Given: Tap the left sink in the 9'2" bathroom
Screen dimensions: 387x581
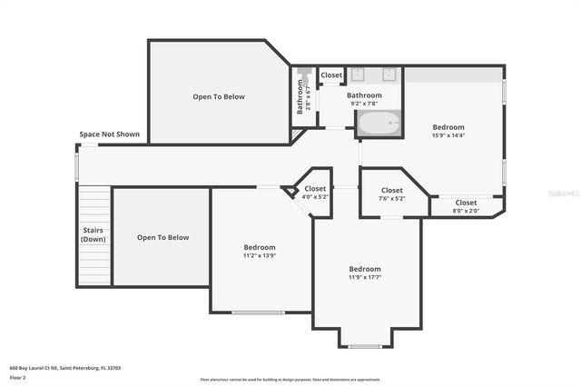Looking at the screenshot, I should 358,75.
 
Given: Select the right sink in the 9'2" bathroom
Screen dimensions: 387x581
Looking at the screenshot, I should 389,75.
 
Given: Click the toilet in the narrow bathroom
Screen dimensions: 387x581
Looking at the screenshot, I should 302,72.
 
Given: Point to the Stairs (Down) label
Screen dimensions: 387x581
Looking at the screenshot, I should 94,234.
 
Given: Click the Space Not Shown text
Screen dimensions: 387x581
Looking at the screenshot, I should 109,134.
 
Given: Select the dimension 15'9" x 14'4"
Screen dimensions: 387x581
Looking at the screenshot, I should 448,135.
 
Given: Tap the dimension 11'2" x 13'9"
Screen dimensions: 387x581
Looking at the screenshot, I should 259,255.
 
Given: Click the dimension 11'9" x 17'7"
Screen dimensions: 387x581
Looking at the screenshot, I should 365,277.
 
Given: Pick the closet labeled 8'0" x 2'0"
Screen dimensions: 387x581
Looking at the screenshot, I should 466,206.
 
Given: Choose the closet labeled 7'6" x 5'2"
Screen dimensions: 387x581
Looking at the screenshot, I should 391,193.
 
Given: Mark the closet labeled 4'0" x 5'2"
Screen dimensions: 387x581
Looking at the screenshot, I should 315,193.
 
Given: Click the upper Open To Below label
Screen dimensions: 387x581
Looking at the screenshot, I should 218,96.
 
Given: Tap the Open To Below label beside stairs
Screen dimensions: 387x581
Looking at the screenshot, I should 162,237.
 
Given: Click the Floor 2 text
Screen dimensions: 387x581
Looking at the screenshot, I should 19,377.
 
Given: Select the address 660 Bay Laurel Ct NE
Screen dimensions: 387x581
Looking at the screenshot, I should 65,368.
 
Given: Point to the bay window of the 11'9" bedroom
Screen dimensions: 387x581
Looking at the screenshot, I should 365,346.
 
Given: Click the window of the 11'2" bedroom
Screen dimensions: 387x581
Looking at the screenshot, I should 258,313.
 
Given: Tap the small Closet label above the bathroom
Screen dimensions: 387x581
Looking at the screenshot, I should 331,75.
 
